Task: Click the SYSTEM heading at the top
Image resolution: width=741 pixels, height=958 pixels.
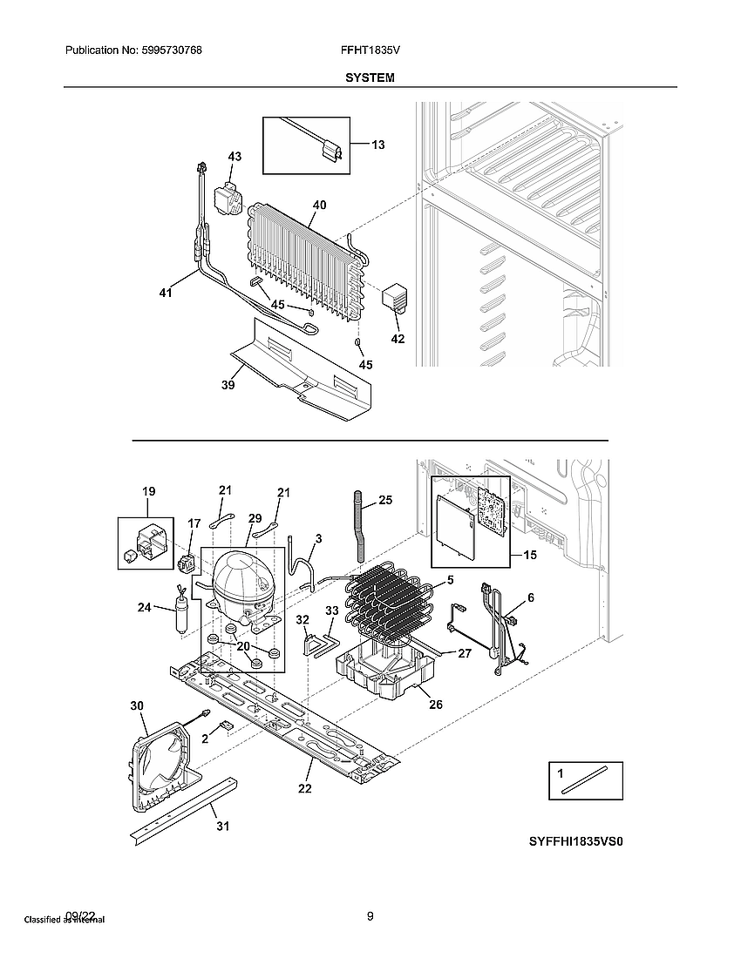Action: [x=370, y=78]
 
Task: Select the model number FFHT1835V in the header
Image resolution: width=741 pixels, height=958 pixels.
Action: [x=370, y=51]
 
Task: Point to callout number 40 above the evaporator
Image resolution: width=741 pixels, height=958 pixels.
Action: [x=320, y=206]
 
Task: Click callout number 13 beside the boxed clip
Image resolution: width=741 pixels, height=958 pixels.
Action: [x=377, y=145]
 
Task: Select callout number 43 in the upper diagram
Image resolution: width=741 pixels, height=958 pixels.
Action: [x=235, y=157]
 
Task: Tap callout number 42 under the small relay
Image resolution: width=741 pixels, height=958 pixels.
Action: [x=398, y=339]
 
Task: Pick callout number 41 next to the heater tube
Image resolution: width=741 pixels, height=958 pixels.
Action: [x=166, y=293]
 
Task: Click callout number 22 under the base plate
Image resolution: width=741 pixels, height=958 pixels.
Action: [x=305, y=789]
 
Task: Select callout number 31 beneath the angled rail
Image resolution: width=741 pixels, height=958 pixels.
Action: [x=223, y=826]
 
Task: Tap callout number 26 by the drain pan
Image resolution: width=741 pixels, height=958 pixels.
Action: [x=435, y=704]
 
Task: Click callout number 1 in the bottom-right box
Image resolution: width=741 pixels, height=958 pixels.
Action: [x=561, y=772]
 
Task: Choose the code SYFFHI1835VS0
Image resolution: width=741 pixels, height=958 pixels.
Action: [x=576, y=842]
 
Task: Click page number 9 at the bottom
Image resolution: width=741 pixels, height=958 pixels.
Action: [x=370, y=915]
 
